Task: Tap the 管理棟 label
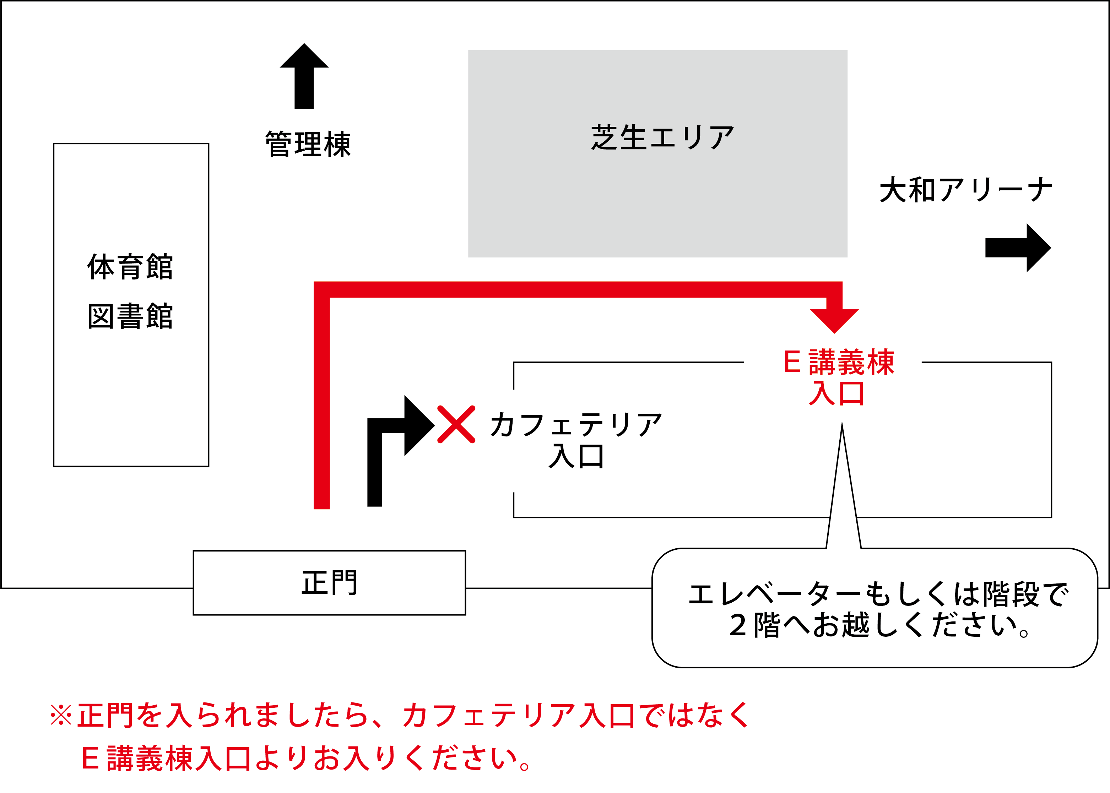[308, 145]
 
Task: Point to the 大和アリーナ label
[965, 190]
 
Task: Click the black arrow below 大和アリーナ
[1017, 248]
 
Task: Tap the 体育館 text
[130, 267]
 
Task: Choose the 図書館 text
[130, 316]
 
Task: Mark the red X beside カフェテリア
[456, 424]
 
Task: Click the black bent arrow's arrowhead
[417, 426]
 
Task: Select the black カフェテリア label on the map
[576, 425]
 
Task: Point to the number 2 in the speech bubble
[738, 625]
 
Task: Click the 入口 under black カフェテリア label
[576, 457]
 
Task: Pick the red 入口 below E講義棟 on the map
[836, 393]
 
